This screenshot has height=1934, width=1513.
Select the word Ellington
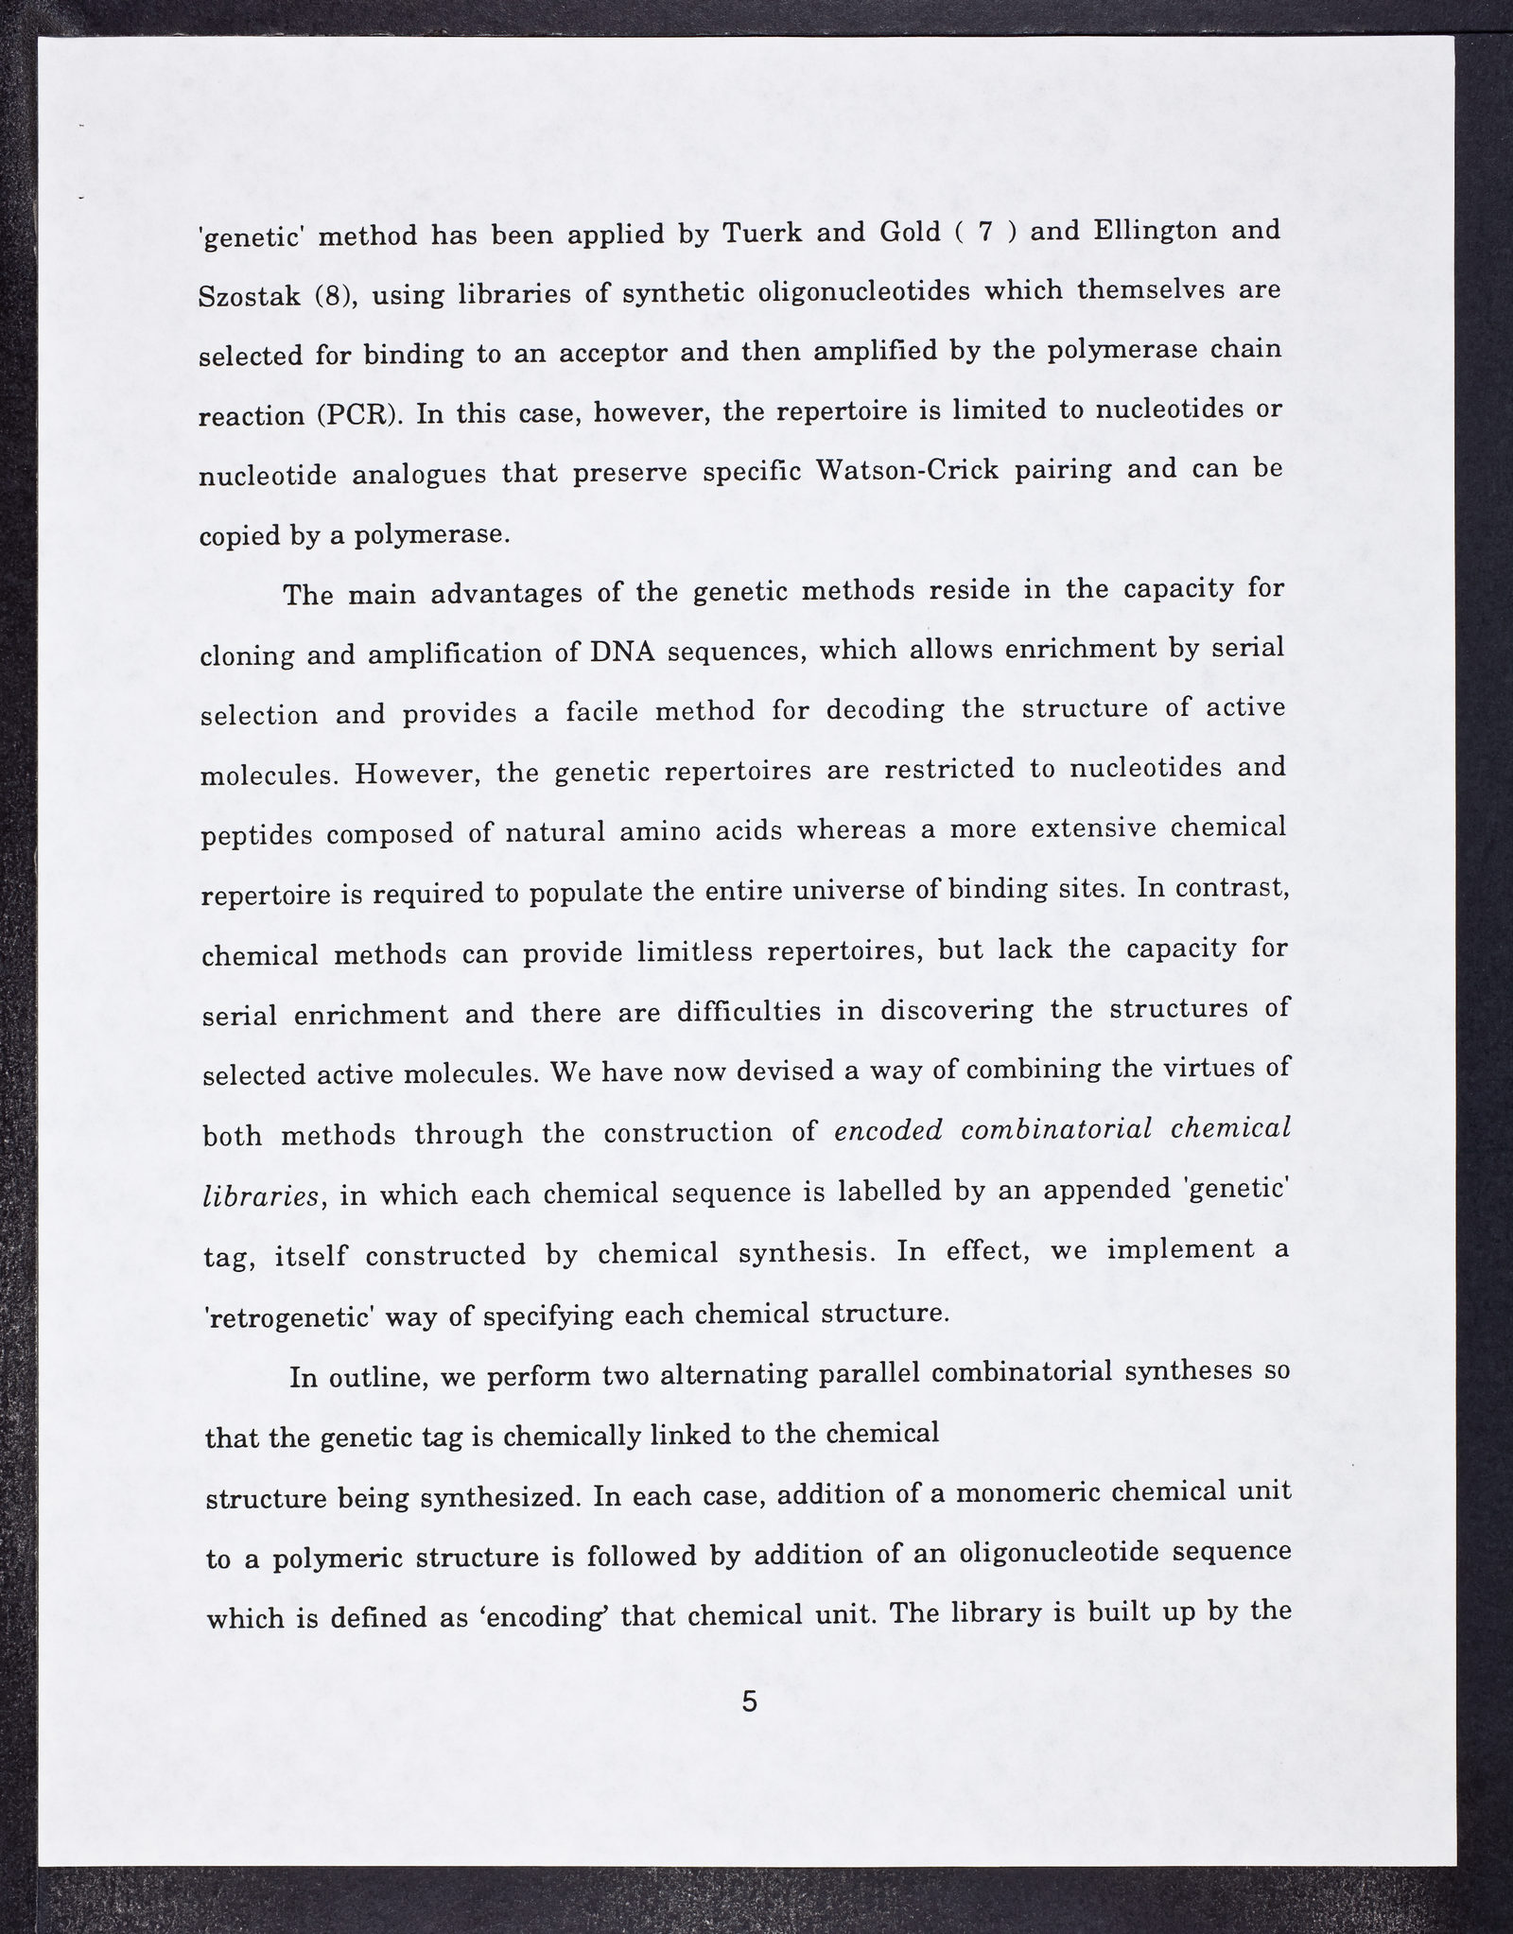click(1149, 231)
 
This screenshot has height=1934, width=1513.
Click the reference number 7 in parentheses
click(984, 232)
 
